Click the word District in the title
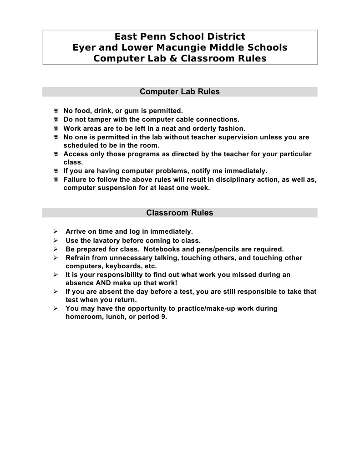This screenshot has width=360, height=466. click(223, 36)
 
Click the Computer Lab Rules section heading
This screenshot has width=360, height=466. click(179, 92)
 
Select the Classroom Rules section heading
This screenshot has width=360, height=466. click(179, 213)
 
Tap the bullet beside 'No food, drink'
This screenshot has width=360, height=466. click(55, 111)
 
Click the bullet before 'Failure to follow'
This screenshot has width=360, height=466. click(55, 180)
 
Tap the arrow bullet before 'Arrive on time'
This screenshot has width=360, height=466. click(56, 231)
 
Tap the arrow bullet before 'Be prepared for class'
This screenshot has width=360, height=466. click(56, 249)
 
